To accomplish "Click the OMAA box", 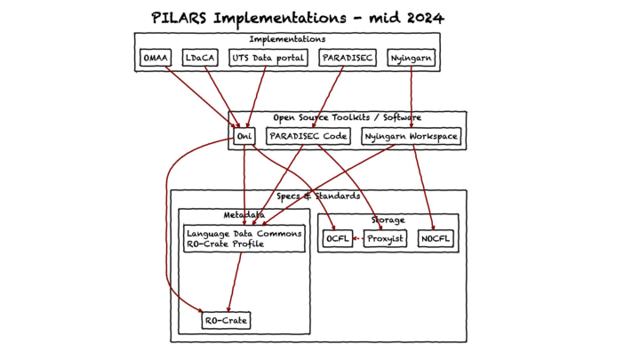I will [x=156, y=59].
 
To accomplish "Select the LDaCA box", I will [x=198, y=59].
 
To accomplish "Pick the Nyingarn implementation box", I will [x=412, y=59].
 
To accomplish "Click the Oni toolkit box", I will [x=244, y=136].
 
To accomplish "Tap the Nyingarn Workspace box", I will [x=411, y=136].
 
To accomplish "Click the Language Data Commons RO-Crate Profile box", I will [x=244, y=238].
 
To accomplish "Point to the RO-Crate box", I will [x=226, y=320].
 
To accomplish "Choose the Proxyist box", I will [x=386, y=238].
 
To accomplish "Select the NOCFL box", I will [x=436, y=238].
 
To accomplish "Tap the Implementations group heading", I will [x=286, y=39].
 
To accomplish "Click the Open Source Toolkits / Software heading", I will [x=347, y=117].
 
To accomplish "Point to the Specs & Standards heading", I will [x=318, y=196].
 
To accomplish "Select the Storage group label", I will [x=388, y=220].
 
